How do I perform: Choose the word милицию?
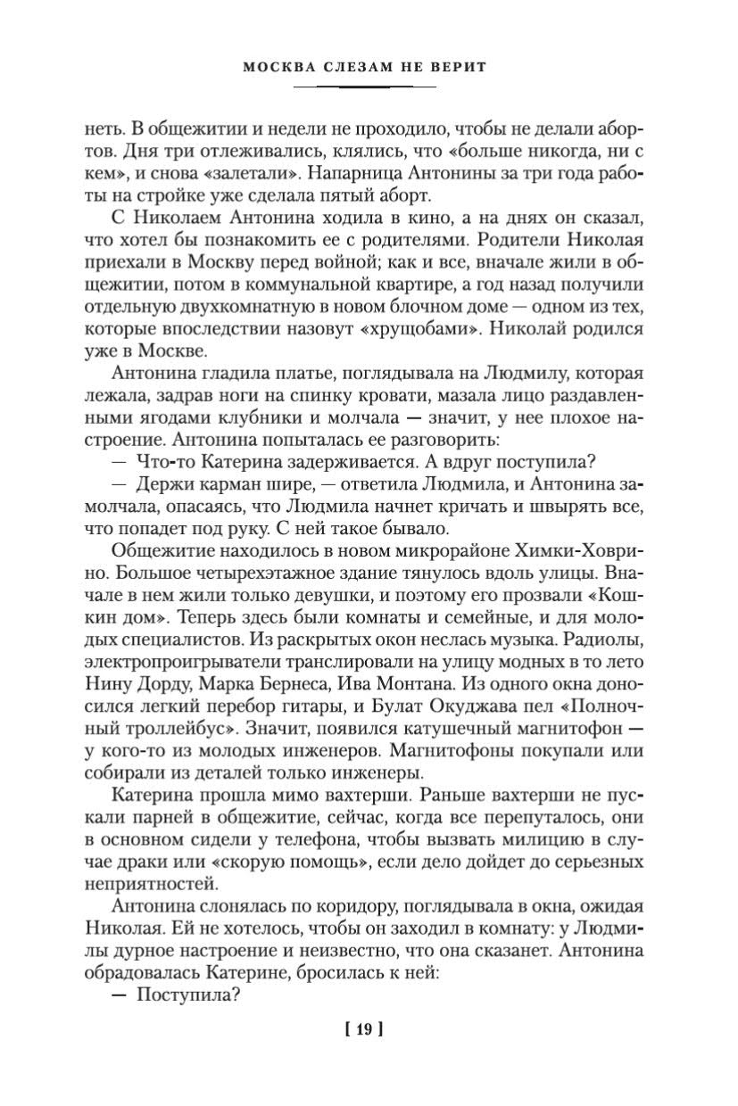[553, 840]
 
